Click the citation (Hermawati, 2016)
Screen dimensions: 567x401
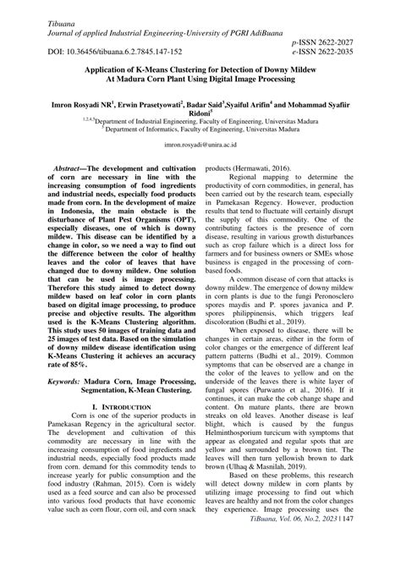pos(268,169)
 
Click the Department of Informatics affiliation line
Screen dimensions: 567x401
pos(200,128)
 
